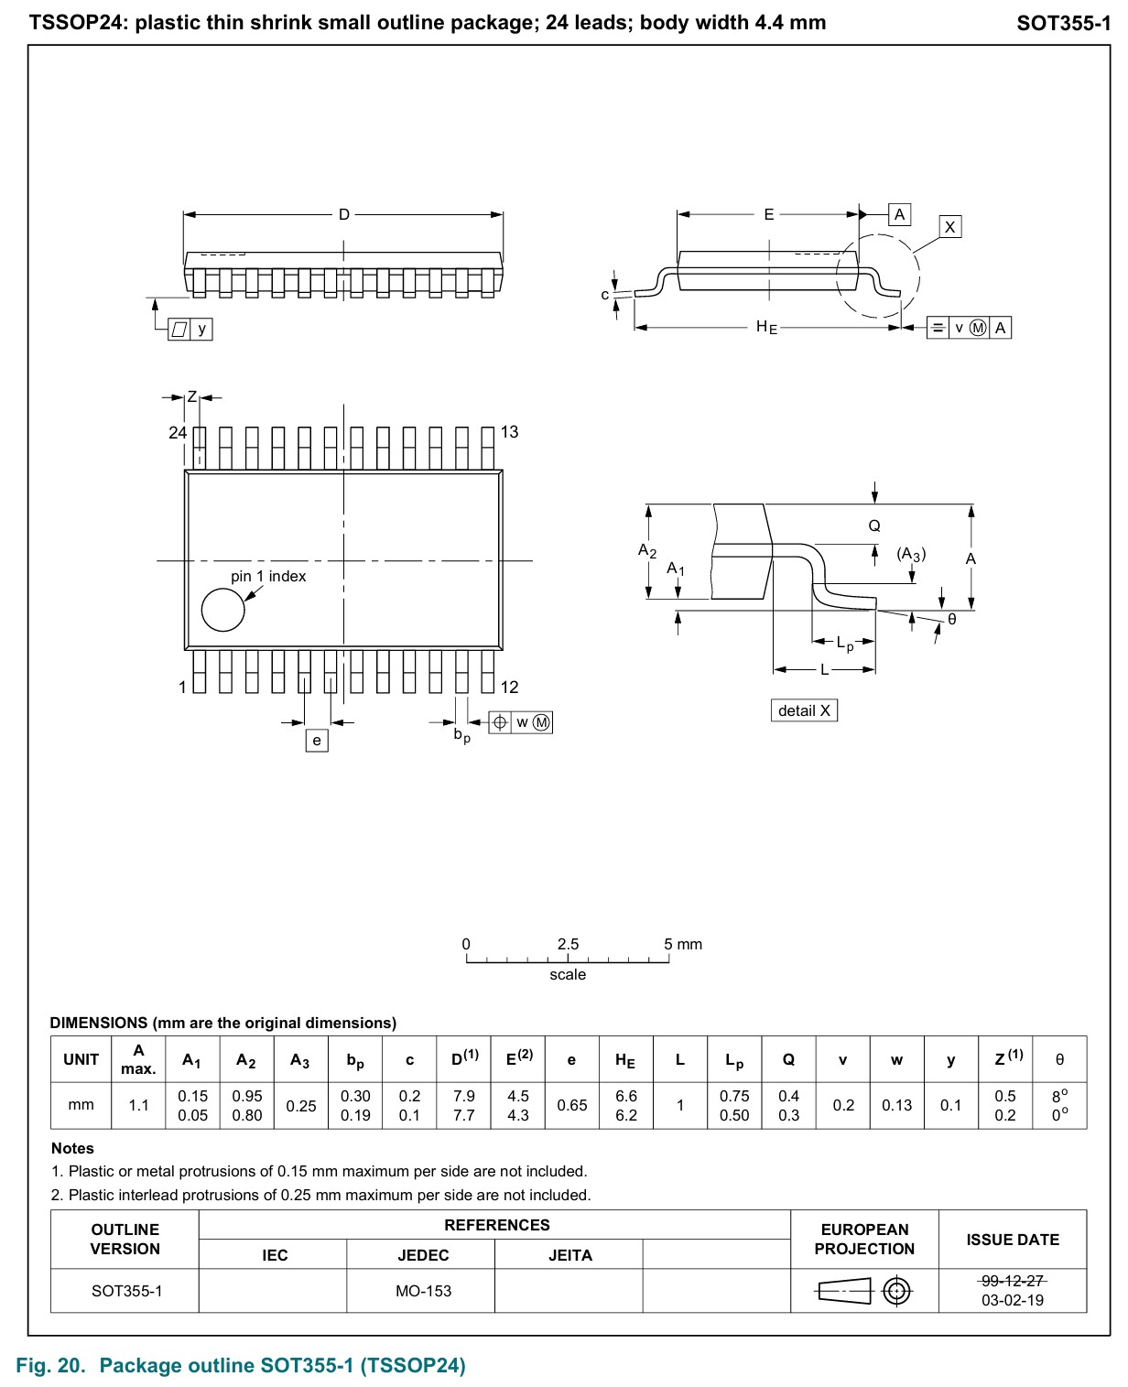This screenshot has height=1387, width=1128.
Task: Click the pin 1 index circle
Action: pos(222,610)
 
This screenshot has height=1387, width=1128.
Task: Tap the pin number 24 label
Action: pos(178,432)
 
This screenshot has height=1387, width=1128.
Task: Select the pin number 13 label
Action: pos(509,431)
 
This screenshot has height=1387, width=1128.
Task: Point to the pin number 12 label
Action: pos(509,687)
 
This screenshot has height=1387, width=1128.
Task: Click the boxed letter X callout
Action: pos(949,227)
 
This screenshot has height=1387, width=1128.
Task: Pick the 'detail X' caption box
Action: pos(804,710)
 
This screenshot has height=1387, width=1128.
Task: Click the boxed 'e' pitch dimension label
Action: pos(316,741)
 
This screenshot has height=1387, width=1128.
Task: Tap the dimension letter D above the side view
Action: pos(344,214)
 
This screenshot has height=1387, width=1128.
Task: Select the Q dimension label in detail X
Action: pos(874,526)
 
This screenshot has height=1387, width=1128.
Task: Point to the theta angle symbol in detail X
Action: pos(952,619)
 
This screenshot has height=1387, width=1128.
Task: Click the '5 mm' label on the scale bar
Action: pos(683,944)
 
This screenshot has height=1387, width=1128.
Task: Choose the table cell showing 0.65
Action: pos(572,1105)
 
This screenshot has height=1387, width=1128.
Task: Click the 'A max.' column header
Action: pos(138,1059)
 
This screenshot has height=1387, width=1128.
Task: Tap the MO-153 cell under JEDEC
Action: pos(423,1291)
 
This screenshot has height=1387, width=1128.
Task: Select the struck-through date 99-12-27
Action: pos(1012,1281)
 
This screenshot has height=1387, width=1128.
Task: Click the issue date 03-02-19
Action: pos(1012,1300)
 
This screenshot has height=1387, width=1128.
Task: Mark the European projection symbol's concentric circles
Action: pos(896,1292)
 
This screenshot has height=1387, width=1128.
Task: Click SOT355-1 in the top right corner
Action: pos(1063,24)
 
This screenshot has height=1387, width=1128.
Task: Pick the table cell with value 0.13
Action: pos(897,1105)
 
